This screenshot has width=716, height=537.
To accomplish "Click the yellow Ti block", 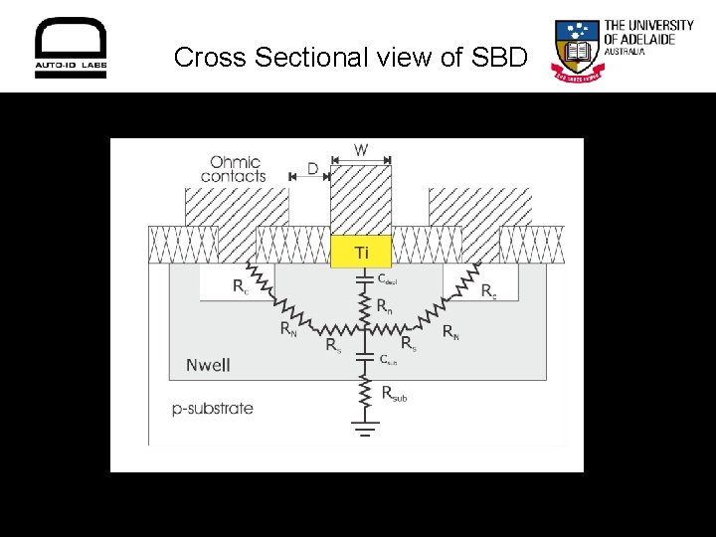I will pos(361,253).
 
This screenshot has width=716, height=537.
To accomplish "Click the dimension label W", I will pos(361,150).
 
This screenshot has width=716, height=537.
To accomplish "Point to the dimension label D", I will pos(312,169).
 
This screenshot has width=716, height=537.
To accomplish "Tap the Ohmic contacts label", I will pos(234,169).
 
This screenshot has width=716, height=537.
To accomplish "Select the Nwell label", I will pos(208,365).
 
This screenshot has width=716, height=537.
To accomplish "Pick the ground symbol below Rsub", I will pos(364,428).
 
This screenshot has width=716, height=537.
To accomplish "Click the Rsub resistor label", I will pos(394,395).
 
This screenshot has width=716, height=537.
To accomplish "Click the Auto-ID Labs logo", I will pos(71,49).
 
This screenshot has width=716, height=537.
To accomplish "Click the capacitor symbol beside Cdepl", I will pos(364,279).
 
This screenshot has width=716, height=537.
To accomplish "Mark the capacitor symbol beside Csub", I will pos(364,358).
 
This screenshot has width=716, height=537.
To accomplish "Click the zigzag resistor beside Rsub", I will pos(364,393).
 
